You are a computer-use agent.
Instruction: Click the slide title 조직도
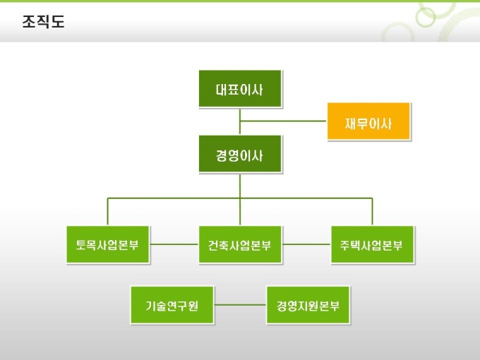tap(42, 22)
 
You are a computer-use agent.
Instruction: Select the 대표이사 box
tap(240, 89)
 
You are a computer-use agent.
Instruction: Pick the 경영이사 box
tap(240, 154)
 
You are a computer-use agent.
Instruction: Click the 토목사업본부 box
tap(107, 245)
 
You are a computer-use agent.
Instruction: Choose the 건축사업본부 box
tap(240, 245)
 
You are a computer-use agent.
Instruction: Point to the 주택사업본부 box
tap(372, 245)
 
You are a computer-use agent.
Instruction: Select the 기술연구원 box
tap(172, 305)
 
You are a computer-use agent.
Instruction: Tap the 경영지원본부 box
tap(307, 305)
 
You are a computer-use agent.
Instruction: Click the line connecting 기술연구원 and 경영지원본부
tap(240, 305)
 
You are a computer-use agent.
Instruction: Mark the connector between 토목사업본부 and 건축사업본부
tap(174, 245)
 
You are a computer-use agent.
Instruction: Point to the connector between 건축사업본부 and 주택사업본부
tap(306, 245)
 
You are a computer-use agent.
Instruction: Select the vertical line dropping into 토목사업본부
tap(107, 212)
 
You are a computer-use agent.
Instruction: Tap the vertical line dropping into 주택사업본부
tap(372, 212)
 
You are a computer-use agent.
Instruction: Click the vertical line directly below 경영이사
tap(240, 185)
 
